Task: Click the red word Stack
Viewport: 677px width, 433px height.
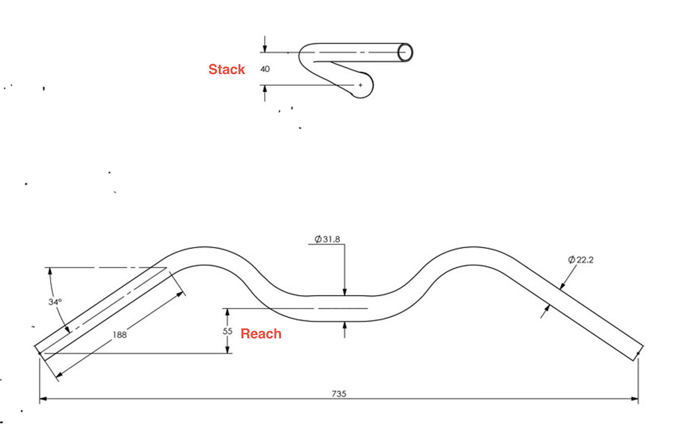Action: click(227, 70)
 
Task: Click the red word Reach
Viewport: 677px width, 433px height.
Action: click(260, 334)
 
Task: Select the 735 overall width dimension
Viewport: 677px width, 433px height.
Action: click(339, 393)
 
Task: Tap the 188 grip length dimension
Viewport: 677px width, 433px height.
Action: click(120, 335)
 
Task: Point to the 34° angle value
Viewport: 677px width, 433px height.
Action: click(55, 302)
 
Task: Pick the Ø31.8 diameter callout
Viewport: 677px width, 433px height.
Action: click(327, 239)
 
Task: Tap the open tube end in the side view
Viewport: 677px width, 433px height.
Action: click(406, 52)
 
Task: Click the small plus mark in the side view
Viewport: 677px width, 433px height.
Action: click(360, 85)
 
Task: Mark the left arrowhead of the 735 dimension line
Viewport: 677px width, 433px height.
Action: click(43, 399)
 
